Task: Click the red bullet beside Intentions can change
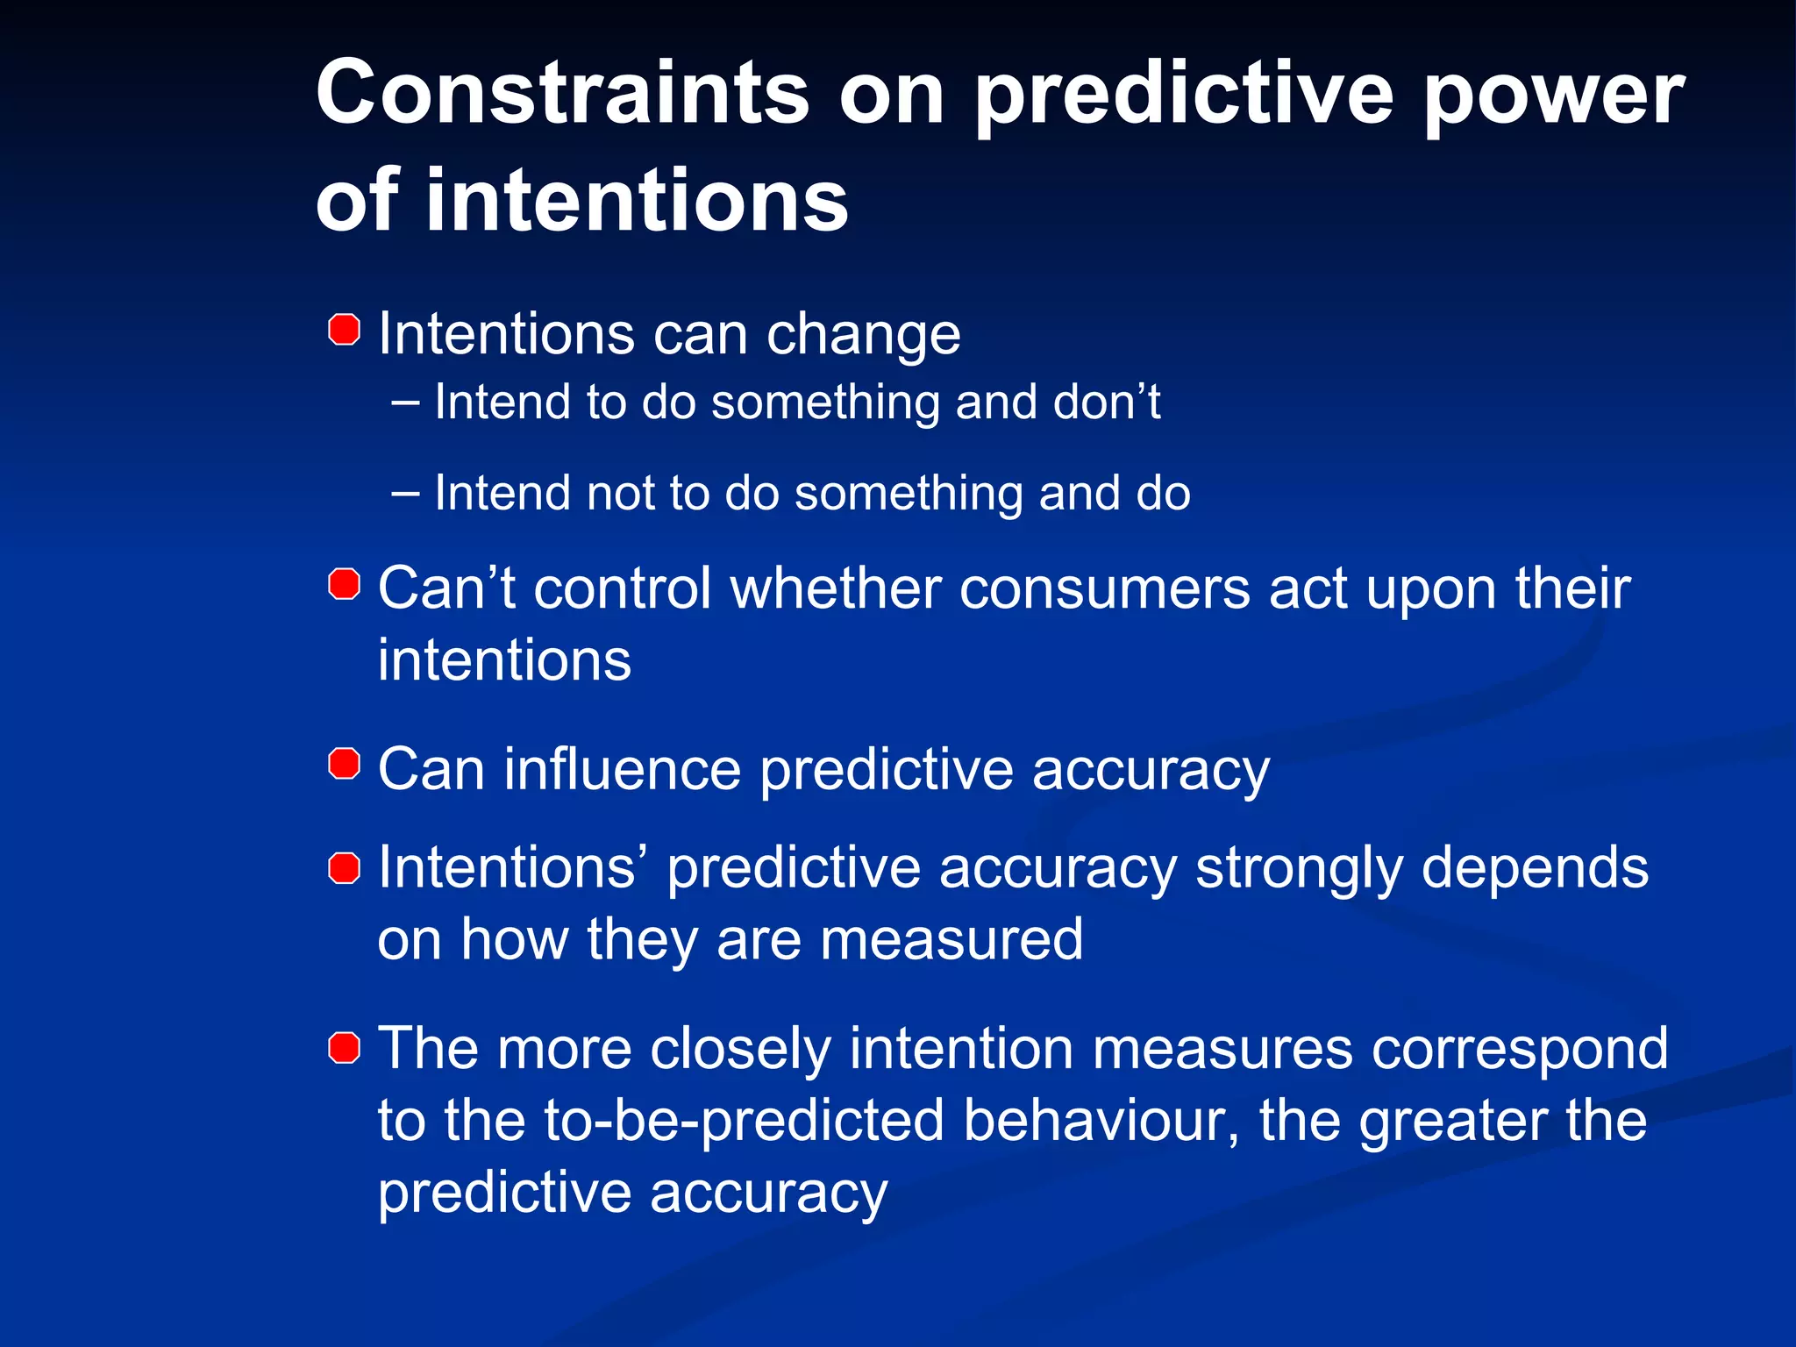[345, 331]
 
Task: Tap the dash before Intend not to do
[405, 493]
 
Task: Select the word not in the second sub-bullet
[620, 493]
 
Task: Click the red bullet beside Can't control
[345, 584]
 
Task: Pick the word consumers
[1104, 589]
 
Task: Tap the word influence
[623, 770]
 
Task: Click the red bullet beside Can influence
[345, 764]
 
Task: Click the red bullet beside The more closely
[345, 1047]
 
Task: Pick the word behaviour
[1101, 1121]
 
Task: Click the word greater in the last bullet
[1454, 1122]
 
